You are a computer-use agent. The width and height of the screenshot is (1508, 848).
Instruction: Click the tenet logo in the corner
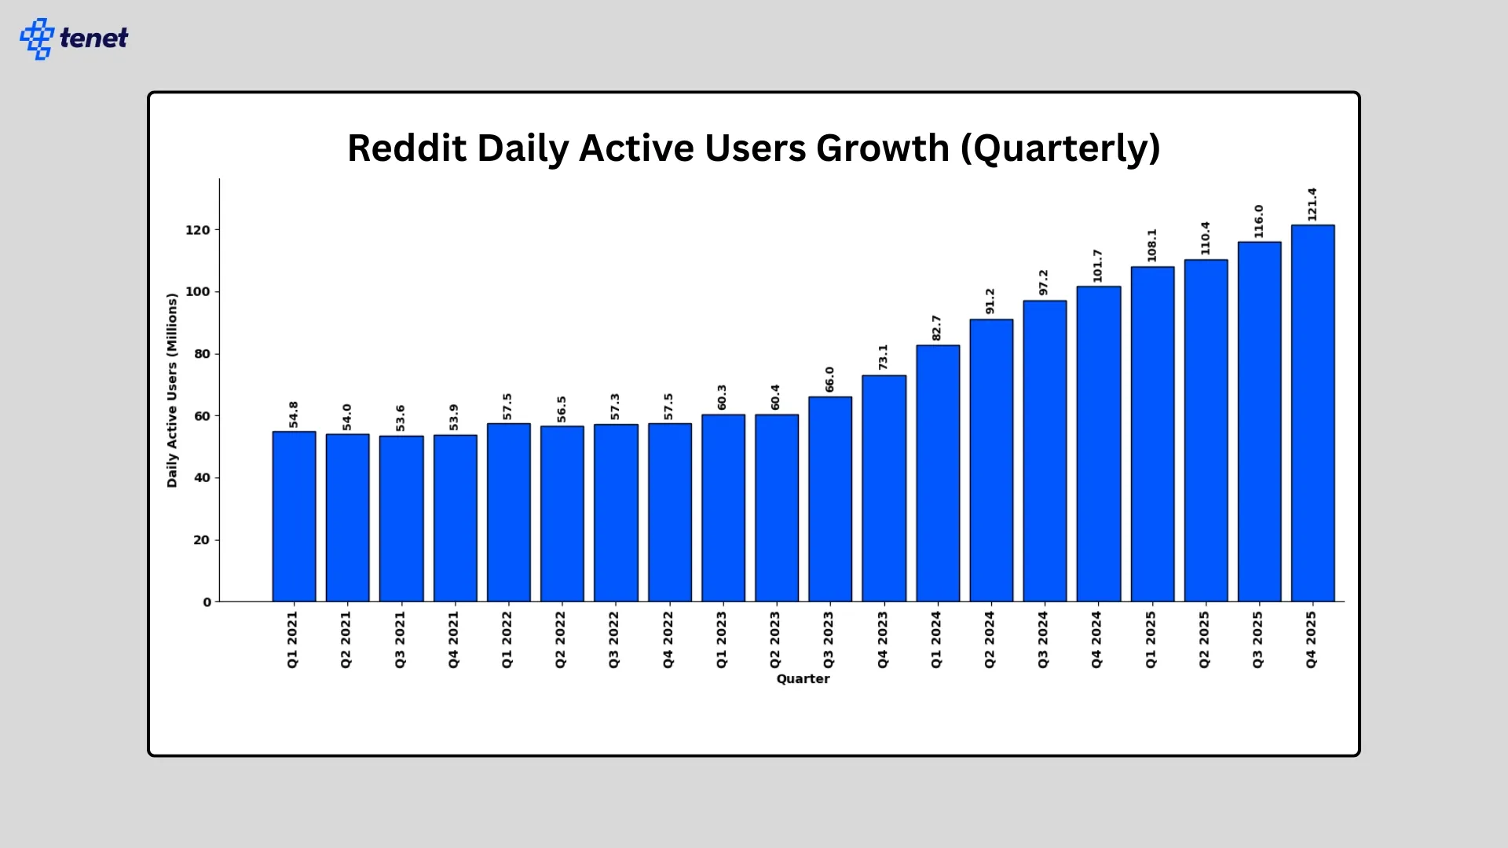[x=74, y=38]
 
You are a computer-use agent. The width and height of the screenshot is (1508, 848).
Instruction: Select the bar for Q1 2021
[x=294, y=517]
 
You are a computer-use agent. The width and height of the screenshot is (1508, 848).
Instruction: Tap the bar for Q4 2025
[x=1312, y=414]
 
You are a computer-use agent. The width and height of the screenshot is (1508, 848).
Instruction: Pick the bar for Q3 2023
[x=830, y=499]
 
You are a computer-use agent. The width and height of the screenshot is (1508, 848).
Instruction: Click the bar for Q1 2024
[x=938, y=473]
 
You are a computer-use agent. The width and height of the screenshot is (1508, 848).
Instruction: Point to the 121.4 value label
[x=1312, y=204]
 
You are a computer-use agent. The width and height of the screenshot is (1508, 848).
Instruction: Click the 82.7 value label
[x=936, y=327]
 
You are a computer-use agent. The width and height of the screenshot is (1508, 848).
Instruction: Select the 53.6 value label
[x=401, y=418]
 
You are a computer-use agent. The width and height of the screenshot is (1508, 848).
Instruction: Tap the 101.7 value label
[x=1097, y=266]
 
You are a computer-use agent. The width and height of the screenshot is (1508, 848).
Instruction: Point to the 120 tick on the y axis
[x=198, y=230]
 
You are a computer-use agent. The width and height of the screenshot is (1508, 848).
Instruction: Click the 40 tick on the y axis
[x=202, y=477]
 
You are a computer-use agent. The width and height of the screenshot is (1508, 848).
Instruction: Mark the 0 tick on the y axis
[x=207, y=602]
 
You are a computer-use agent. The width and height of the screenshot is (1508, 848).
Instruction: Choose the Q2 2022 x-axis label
[x=561, y=640]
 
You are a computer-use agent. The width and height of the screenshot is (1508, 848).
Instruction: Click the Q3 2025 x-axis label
[x=1257, y=640]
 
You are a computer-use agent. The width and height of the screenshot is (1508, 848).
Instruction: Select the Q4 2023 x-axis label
[x=883, y=640]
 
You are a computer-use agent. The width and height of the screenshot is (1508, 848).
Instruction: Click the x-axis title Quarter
[x=803, y=678]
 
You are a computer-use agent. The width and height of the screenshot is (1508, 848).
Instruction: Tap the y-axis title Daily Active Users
[x=172, y=390]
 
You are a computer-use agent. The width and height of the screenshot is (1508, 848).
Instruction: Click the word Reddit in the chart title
[x=407, y=148]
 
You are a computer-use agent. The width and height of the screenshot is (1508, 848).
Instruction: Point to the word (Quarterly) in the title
[x=1060, y=148]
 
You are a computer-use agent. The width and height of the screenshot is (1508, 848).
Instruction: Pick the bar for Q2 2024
[x=991, y=461]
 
